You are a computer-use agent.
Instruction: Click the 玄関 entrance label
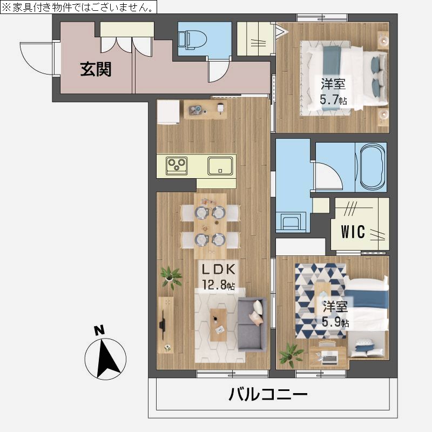(x=96, y=70)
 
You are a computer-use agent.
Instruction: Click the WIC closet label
(x=353, y=232)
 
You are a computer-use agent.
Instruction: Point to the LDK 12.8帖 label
(x=218, y=276)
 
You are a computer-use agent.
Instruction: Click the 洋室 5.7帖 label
(x=333, y=92)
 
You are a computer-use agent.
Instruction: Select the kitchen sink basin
(x=220, y=165)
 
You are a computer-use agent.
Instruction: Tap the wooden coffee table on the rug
(x=219, y=323)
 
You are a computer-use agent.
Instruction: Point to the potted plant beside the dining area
(x=171, y=276)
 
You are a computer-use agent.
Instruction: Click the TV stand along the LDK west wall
(x=165, y=323)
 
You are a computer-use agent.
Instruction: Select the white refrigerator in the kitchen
(x=168, y=111)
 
